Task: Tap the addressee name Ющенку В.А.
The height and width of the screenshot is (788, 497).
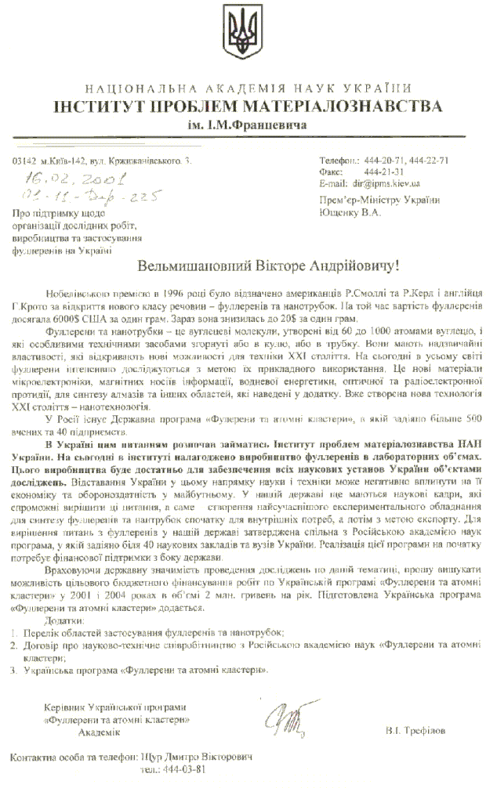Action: click(353, 211)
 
